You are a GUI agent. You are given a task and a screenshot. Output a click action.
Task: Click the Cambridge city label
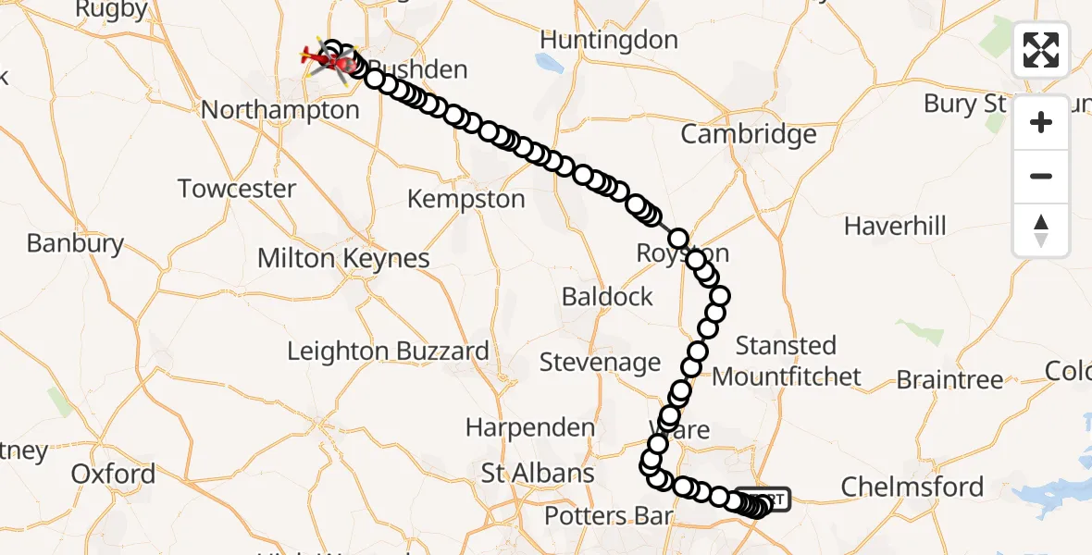(x=749, y=134)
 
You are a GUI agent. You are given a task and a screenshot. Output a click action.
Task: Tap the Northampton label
(x=279, y=110)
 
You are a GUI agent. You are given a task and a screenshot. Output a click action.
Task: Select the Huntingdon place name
(x=608, y=41)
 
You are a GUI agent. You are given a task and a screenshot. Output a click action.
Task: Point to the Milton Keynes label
(x=343, y=258)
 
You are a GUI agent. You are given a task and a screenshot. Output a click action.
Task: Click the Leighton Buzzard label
(x=388, y=351)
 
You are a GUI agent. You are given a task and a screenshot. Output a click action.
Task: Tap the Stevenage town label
(x=600, y=362)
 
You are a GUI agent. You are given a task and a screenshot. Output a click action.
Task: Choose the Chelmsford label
(x=912, y=486)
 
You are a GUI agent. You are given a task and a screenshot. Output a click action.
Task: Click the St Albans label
(x=538, y=474)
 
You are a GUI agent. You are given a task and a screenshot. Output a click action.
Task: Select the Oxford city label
(x=113, y=475)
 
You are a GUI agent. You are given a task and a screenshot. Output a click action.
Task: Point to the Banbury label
(x=75, y=243)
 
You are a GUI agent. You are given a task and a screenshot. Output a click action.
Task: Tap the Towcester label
(x=237, y=189)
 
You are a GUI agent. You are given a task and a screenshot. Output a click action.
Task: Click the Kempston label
(x=465, y=199)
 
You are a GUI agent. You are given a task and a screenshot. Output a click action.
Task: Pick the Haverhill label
(x=895, y=226)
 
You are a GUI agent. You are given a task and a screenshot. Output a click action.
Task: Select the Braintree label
(x=949, y=379)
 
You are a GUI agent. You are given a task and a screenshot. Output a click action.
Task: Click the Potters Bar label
(x=607, y=516)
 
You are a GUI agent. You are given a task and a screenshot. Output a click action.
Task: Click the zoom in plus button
(x=1041, y=122)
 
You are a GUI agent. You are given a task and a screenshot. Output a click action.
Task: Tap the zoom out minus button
(x=1041, y=176)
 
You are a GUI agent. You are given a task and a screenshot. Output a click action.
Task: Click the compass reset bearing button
(x=1041, y=229)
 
